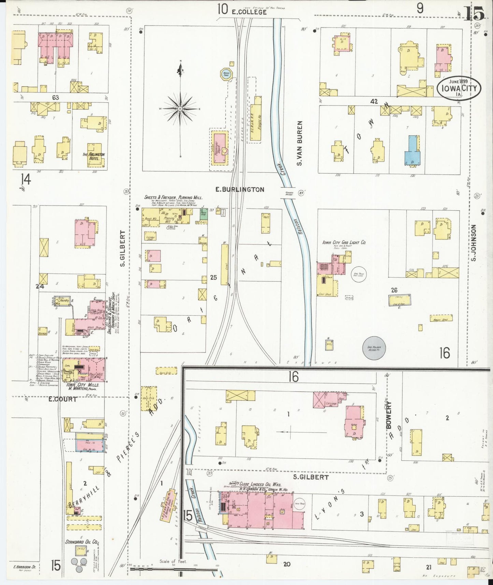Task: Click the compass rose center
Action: (180, 109)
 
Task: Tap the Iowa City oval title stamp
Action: (459, 88)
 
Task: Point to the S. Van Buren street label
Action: (299, 143)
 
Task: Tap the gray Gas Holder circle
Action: (374, 348)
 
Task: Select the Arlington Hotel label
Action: (93, 156)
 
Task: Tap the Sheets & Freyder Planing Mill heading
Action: (173, 198)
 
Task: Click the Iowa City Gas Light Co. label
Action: (344, 242)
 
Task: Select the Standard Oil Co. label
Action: (82, 542)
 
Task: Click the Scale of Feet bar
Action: (174, 569)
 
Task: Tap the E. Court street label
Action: (62, 399)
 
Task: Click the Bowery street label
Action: (389, 415)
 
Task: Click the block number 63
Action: (55, 98)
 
